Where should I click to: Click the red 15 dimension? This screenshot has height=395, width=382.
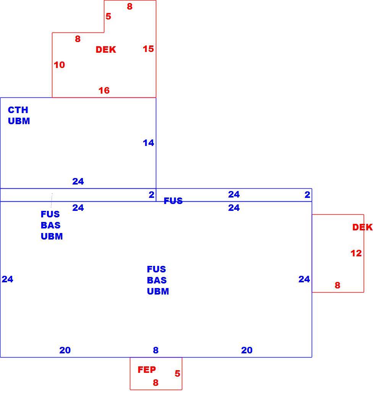tap(148, 49)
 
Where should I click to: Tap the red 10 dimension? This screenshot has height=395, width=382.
tap(59, 65)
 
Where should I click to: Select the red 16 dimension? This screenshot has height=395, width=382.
tap(104, 90)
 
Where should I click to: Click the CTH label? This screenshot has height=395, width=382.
tap(18, 110)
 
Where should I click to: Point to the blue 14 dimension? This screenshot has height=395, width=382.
tap(148, 143)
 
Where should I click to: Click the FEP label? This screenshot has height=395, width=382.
tap(147, 369)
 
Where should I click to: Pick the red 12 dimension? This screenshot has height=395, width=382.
tap(356, 253)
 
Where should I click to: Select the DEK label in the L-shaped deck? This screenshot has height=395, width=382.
tap(106, 49)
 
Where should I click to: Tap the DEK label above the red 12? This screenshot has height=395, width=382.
tap(363, 227)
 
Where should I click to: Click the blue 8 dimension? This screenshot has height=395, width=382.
tap(156, 350)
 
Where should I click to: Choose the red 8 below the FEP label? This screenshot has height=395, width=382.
tap(156, 383)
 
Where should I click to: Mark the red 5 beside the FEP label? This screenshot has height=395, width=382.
tap(177, 373)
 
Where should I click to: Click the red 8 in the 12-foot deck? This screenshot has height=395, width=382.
tap(337, 285)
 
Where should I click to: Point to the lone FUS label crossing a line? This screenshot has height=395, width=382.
tap(173, 201)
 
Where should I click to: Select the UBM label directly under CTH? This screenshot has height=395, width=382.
tap(19, 121)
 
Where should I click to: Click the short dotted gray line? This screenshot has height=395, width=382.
tap(52, 200)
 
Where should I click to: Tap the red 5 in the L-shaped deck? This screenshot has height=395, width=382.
tap(108, 16)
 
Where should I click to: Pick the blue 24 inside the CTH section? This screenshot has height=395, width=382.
tap(78, 181)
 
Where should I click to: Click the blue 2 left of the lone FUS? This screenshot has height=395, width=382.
tap(151, 194)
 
